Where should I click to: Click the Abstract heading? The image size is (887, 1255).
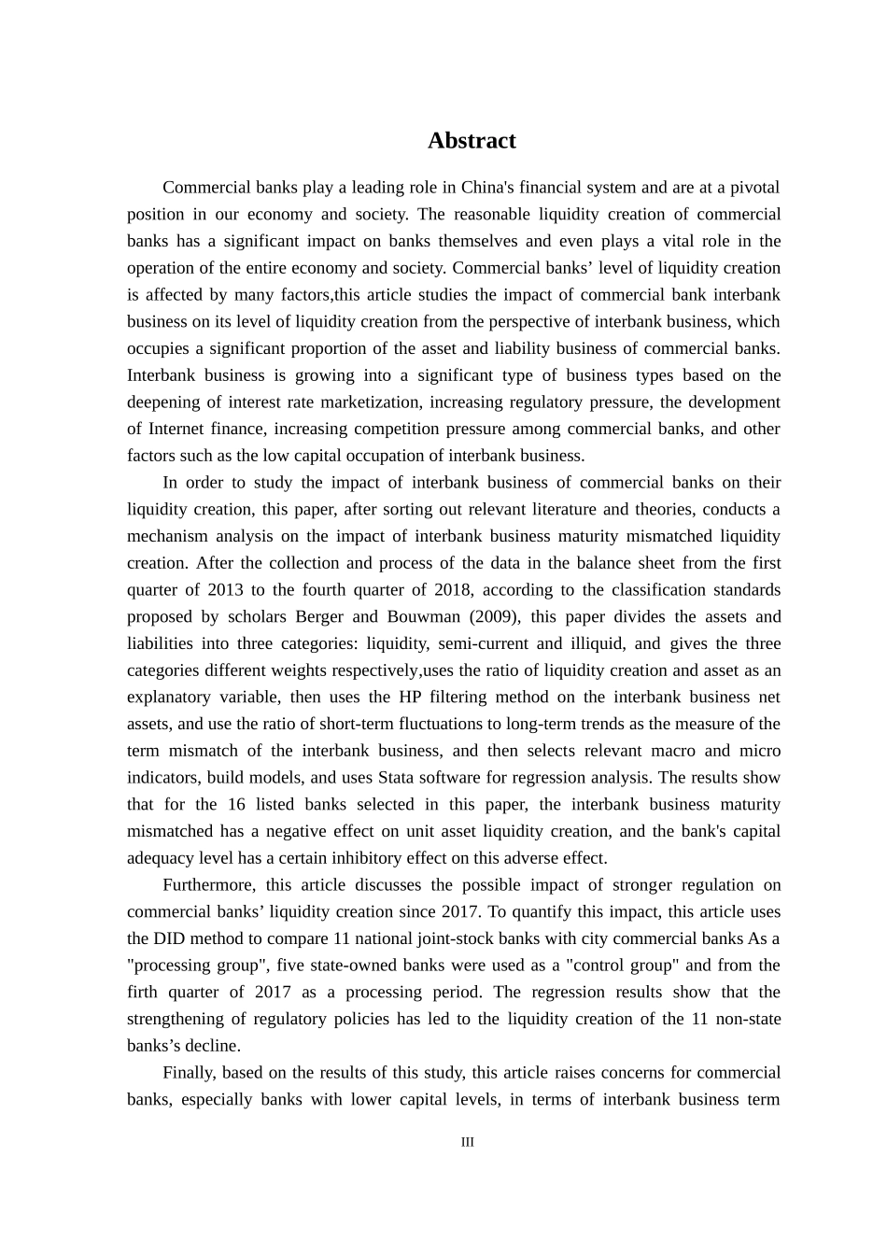tap(472, 141)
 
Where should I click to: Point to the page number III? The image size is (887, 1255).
tap(468, 1142)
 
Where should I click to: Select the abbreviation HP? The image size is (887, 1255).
tap(412, 698)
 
